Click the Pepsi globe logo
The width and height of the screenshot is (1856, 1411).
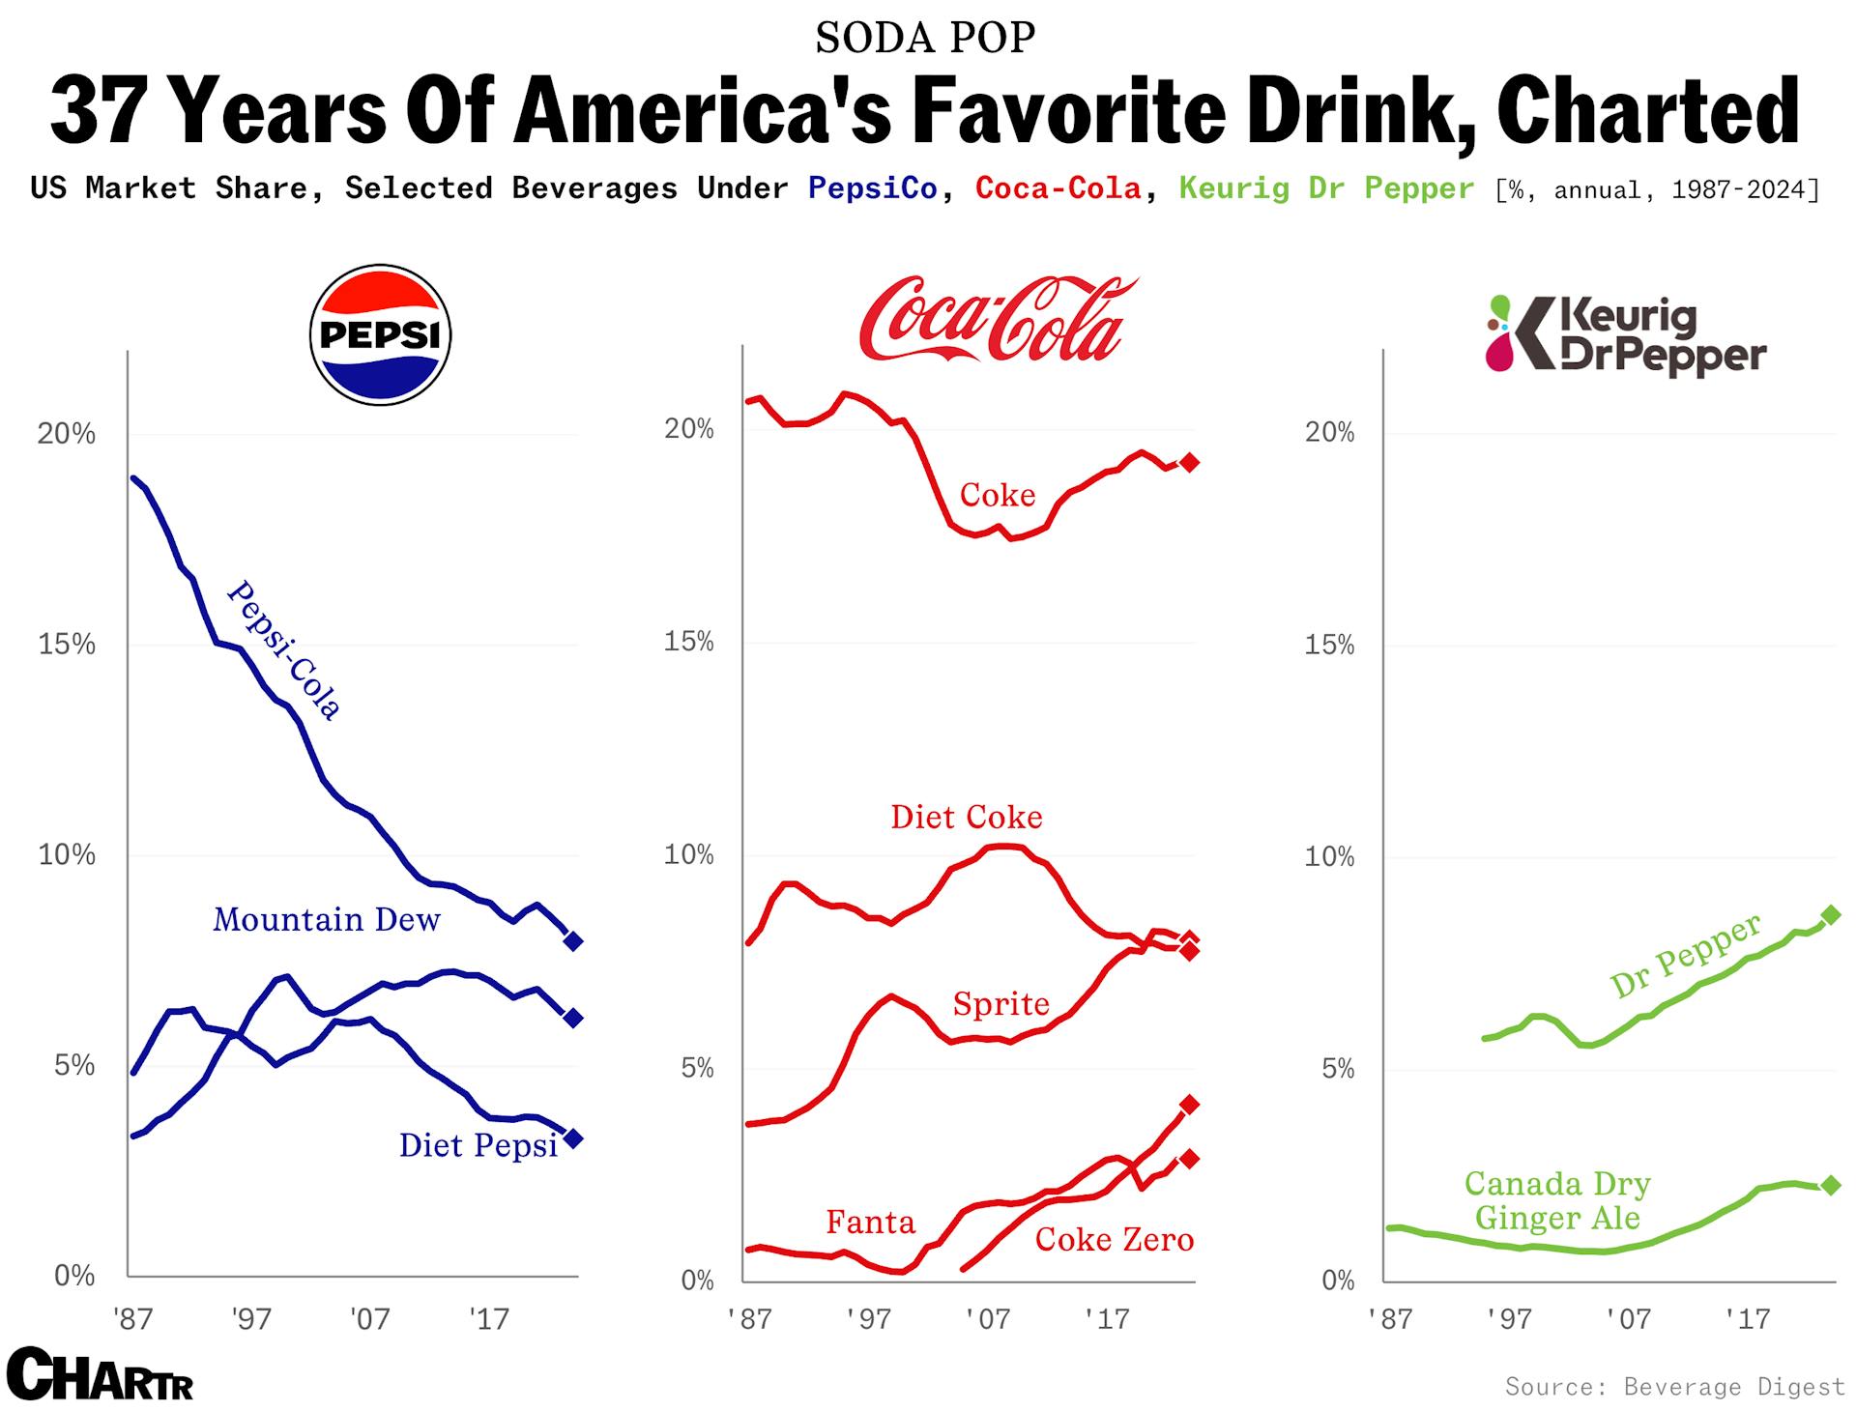click(x=380, y=334)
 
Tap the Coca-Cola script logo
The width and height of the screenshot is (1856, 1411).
click(x=996, y=320)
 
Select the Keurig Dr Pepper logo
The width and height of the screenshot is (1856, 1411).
click(x=1626, y=335)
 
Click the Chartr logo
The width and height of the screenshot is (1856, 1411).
click(x=99, y=1374)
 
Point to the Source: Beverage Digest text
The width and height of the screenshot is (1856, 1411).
click(x=1674, y=1387)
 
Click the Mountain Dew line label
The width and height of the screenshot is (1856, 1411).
click(x=326, y=919)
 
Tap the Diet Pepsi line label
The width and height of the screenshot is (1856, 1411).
click(x=478, y=1145)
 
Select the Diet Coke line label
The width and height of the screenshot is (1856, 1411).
click(x=966, y=818)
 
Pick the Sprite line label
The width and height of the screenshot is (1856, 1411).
click(x=1000, y=1004)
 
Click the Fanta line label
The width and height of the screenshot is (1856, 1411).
click(x=870, y=1223)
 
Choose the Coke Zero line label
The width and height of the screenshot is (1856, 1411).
click(x=1114, y=1240)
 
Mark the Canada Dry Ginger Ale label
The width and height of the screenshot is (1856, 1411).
click(x=1557, y=1200)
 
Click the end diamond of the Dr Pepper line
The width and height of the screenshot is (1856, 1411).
click(x=1830, y=915)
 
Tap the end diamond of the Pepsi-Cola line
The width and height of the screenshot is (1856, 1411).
click(x=573, y=940)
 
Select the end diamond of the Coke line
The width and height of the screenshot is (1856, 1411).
click(x=1190, y=463)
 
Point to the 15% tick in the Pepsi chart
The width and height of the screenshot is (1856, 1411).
click(x=67, y=645)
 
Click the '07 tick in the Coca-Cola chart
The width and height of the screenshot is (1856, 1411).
click(x=987, y=1318)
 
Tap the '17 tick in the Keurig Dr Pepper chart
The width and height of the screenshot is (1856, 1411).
click(x=1748, y=1318)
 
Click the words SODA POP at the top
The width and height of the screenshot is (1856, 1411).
click(x=925, y=38)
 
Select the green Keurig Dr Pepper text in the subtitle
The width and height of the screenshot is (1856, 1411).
click(x=1326, y=187)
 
